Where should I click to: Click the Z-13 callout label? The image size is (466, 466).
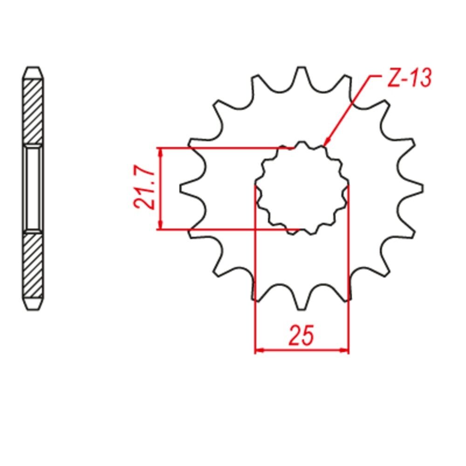click(x=410, y=78)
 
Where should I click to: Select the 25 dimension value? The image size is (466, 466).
click(x=301, y=335)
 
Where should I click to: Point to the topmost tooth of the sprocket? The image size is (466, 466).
click(x=302, y=74)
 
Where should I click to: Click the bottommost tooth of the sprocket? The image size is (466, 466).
click(x=302, y=302)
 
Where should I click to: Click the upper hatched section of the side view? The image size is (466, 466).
click(x=33, y=112)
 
